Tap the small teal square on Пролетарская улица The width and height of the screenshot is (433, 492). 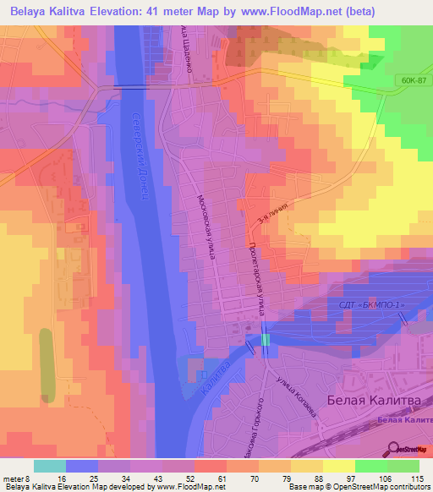click(x=266, y=339)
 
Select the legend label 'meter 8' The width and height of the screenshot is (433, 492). click(x=19, y=478)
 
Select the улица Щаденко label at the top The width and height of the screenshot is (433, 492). click(x=187, y=51)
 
